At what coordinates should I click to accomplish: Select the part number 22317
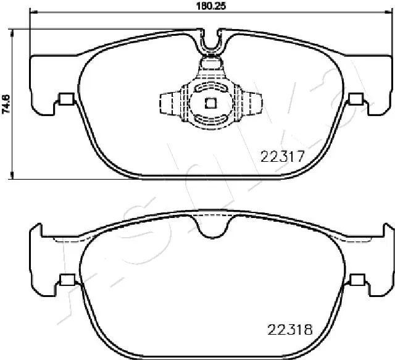pos(281,157)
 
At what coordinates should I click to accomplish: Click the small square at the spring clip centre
pos(210,103)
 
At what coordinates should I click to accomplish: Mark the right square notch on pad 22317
pos(355,98)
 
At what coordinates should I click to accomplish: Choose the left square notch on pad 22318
pos(64,278)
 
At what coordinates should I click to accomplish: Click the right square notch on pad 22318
pos(356,278)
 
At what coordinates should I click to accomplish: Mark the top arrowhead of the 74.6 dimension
pos(13,31)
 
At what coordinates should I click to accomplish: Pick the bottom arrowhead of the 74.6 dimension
pos(13,175)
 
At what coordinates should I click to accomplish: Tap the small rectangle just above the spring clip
pos(210,61)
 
